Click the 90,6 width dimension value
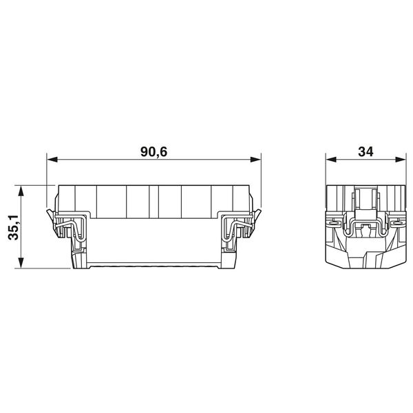click(154, 152)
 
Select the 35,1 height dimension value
click(13, 226)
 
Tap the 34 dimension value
click(365, 152)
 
